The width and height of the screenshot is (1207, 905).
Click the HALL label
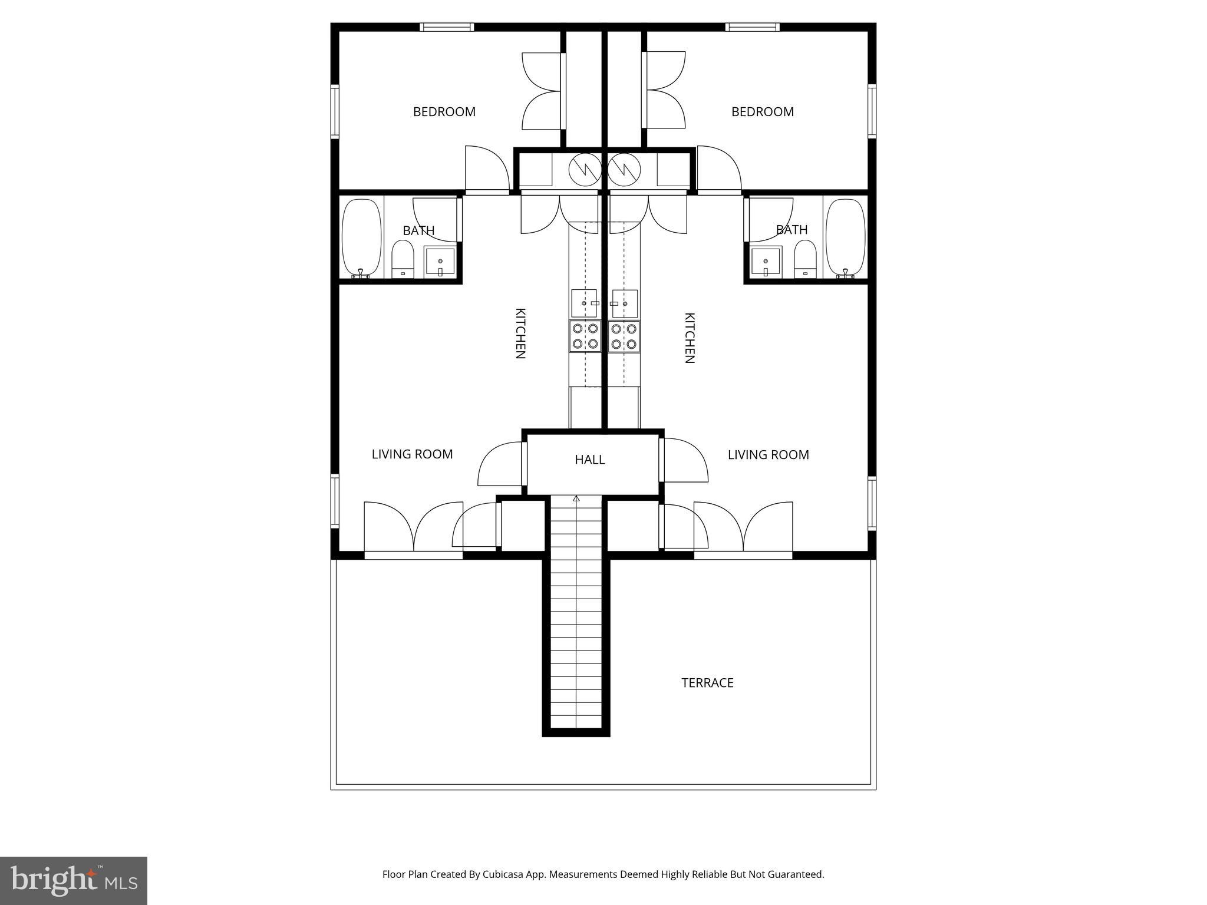[x=589, y=460]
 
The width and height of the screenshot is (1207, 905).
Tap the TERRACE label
[x=707, y=683]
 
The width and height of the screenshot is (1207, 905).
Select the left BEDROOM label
[x=444, y=112]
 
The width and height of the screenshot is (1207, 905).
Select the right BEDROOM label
[x=762, y=112]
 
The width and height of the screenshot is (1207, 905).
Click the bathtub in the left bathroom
[x=361, y=237]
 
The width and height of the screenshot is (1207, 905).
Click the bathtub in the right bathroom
[x=845, y=237]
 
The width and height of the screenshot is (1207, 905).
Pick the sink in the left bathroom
[x=440, y=262]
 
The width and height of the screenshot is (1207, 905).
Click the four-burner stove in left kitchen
[x=585, y=336]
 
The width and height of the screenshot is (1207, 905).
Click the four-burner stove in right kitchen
[x=624, y=336]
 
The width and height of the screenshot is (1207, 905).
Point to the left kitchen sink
[x=584, y=303]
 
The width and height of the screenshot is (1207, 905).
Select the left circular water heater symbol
[x=585, y=170]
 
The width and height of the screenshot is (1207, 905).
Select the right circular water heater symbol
[x=624, y=170]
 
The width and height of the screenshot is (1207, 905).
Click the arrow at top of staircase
[x=576, y=499]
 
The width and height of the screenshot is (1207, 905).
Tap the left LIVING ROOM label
[x=412, y=454]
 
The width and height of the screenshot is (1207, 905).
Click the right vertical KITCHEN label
[x=689, y=338]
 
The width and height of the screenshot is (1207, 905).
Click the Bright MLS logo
[x=73, y=880]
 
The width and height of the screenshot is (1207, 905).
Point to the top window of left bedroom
[x=447, y=27]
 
